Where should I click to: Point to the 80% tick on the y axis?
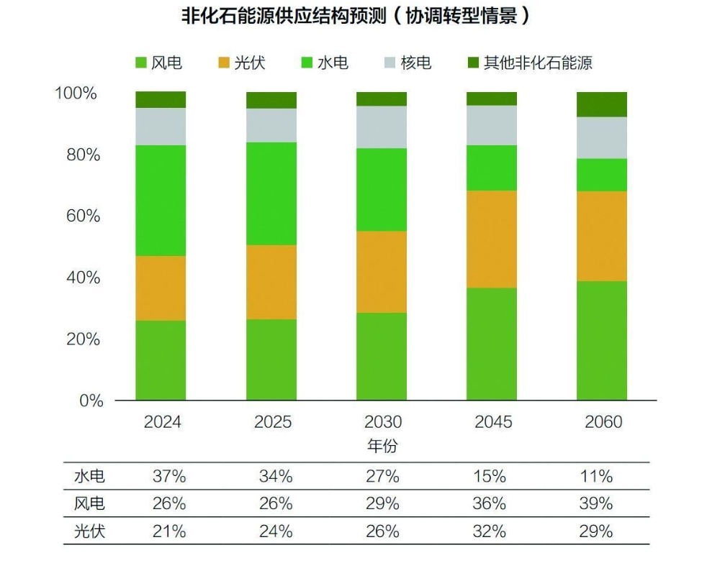(x=77, y=155)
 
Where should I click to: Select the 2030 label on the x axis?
(x=382, y=422)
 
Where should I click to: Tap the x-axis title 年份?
(x=382, y=446)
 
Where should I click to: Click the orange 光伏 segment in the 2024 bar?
(x=161, y=288)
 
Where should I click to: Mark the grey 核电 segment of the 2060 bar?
(x=602, y=137)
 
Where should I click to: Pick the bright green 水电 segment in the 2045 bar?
(x=492, y=168)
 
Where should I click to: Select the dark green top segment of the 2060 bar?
(x=602, y=104)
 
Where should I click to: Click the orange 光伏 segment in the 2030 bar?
(x=382, y=272)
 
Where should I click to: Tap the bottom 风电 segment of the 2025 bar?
(x=271, y=360)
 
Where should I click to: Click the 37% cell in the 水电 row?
(x=169, y=476)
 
